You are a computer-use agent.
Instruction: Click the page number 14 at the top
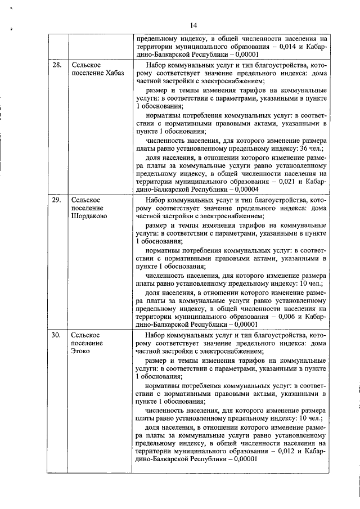click(192, 25)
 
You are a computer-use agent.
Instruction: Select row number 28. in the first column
click(56, 66)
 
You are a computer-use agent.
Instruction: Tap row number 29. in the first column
click(56, 200)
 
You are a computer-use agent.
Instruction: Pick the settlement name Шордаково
click(89, 215)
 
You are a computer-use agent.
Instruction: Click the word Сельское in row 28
click(86, 66)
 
